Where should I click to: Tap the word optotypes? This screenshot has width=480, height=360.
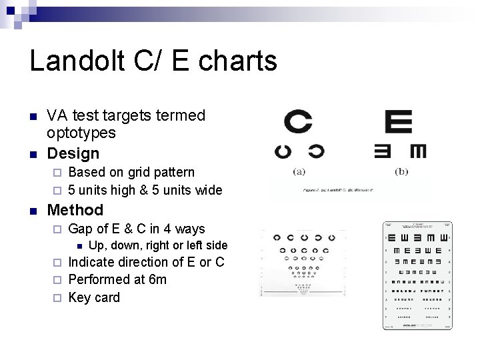(81, 133)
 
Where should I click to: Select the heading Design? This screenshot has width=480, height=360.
(73, 153)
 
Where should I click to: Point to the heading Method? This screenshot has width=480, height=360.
(75, 210)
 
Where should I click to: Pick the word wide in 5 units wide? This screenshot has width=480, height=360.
(207, 190)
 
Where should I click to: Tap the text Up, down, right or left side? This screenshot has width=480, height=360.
(158, 245)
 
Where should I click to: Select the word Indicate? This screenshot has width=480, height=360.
(93, 262)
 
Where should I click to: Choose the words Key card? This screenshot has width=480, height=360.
(94, 297)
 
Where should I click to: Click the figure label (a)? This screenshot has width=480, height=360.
(299, 171)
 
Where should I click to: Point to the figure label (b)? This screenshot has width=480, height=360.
(401, 171)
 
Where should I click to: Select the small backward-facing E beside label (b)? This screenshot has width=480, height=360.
(383, 151)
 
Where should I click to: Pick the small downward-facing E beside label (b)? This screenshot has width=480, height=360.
(418, 151)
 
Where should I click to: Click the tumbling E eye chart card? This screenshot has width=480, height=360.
(417, 275)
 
